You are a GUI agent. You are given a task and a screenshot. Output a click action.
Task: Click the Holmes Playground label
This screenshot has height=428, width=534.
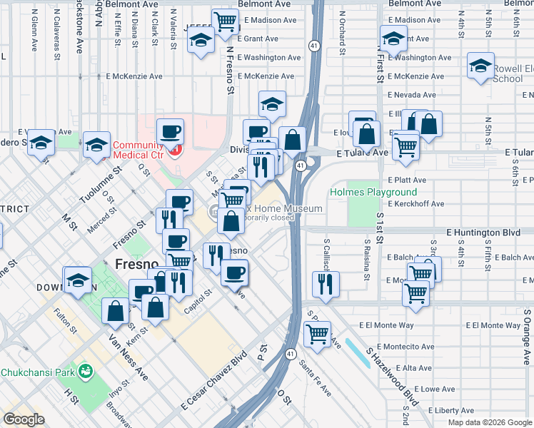[373, 193]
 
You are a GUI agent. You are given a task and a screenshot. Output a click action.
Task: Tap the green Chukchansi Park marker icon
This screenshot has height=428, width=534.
[86, 372]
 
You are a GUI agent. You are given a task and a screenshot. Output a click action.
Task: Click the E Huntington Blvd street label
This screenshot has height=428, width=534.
[483, 233]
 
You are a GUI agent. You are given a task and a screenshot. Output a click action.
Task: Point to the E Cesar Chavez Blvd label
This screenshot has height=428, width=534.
[213, 382]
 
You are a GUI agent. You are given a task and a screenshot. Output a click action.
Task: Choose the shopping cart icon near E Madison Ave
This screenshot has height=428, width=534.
[226, 21]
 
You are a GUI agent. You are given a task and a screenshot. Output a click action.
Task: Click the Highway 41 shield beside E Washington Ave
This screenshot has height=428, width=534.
[314, 46]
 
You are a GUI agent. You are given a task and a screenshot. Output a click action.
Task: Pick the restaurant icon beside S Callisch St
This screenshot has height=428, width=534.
[326, 284]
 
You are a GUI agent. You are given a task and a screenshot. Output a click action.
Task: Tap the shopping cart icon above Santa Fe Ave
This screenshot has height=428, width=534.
[317, 332]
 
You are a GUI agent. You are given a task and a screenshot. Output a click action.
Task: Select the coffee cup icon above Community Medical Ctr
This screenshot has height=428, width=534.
[170, 131]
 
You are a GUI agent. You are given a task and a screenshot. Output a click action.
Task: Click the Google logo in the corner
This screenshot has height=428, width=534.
[24, 419]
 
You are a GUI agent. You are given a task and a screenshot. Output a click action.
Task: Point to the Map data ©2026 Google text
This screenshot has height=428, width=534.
[490, 422]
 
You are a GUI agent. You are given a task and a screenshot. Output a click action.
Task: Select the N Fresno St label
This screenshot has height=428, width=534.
[229, 70]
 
